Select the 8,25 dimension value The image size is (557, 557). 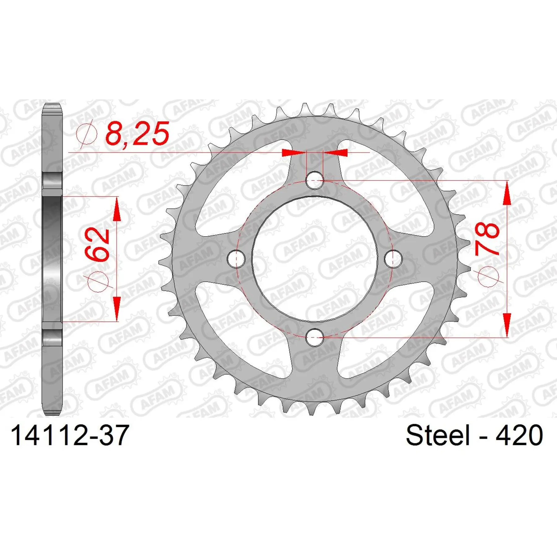(x=137, y=133)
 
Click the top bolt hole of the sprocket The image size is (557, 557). (x=315, y=180)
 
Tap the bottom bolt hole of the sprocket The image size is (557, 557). (x=315, y=337)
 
